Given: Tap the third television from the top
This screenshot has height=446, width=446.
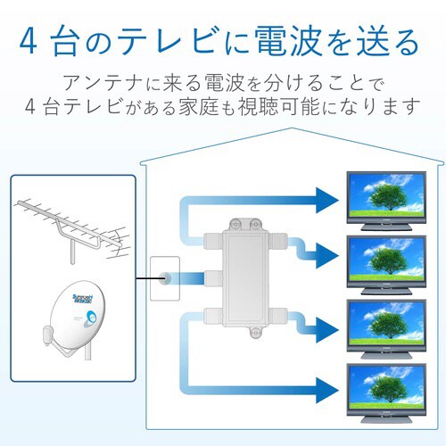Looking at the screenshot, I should [384, 324].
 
